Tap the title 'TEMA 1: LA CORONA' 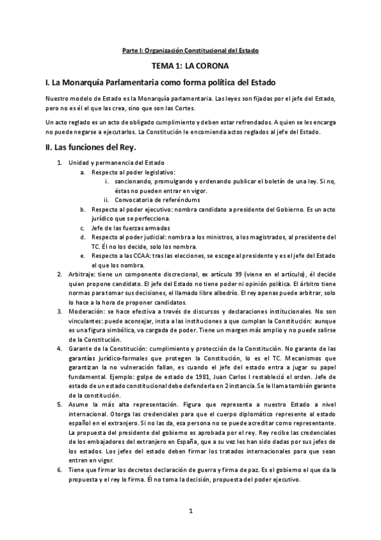point(190,66)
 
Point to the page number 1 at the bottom point(190,512)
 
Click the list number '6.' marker point(59,469)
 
